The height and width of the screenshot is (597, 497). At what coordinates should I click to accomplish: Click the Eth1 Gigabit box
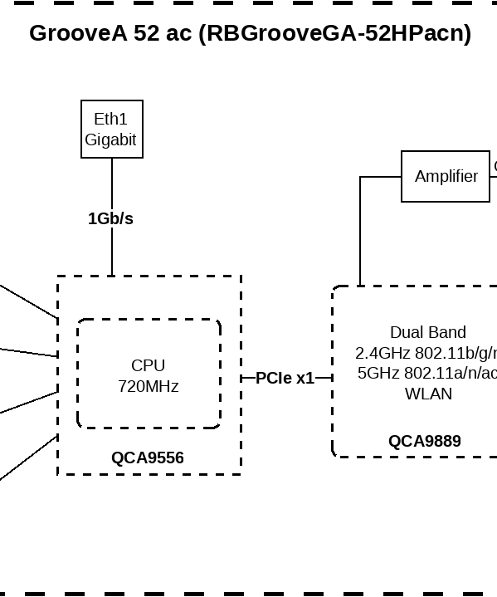(112, 129)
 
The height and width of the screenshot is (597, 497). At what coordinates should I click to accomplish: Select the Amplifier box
(446, 176)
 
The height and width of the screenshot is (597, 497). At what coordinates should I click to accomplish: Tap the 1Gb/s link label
(110, 218)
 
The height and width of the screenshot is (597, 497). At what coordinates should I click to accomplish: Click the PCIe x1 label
(285, 378)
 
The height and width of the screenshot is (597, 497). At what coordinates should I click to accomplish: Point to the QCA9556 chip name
(148, 458)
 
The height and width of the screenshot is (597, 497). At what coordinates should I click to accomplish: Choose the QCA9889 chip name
(424, 441)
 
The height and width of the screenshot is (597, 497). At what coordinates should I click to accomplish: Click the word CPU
(148, 365)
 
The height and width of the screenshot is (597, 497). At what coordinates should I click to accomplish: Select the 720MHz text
(148, 386)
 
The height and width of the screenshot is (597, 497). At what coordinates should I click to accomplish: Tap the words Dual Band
(427, 332)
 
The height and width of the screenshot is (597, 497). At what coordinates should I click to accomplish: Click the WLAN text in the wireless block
(428, 394)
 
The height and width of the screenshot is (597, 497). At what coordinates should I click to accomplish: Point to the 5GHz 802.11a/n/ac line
(427, 373)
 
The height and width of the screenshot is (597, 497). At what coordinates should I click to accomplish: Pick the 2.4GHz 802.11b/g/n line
(426, 352)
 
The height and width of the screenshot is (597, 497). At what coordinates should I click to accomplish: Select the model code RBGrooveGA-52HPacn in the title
(334, 33)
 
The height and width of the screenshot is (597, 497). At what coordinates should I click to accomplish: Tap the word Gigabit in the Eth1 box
(110, 139)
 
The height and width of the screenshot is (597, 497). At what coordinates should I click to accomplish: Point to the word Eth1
(110, 120)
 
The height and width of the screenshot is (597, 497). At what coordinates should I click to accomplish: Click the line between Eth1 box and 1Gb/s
(112, 183)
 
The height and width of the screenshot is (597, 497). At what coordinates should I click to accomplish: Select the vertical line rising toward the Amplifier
(360, 232)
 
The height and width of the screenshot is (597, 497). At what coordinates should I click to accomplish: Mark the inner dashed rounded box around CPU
(78, 374)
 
